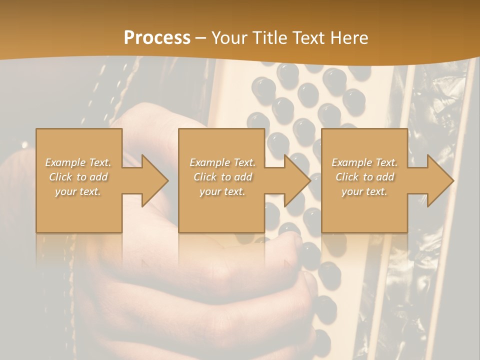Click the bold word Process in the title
(157, 38)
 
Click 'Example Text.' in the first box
(78, 162)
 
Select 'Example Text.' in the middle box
(222, 162)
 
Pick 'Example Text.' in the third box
(364, 162)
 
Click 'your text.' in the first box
(78, 191)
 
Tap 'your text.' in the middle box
(222, 191)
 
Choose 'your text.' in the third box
(364, 191)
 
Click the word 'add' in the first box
(99, 177)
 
